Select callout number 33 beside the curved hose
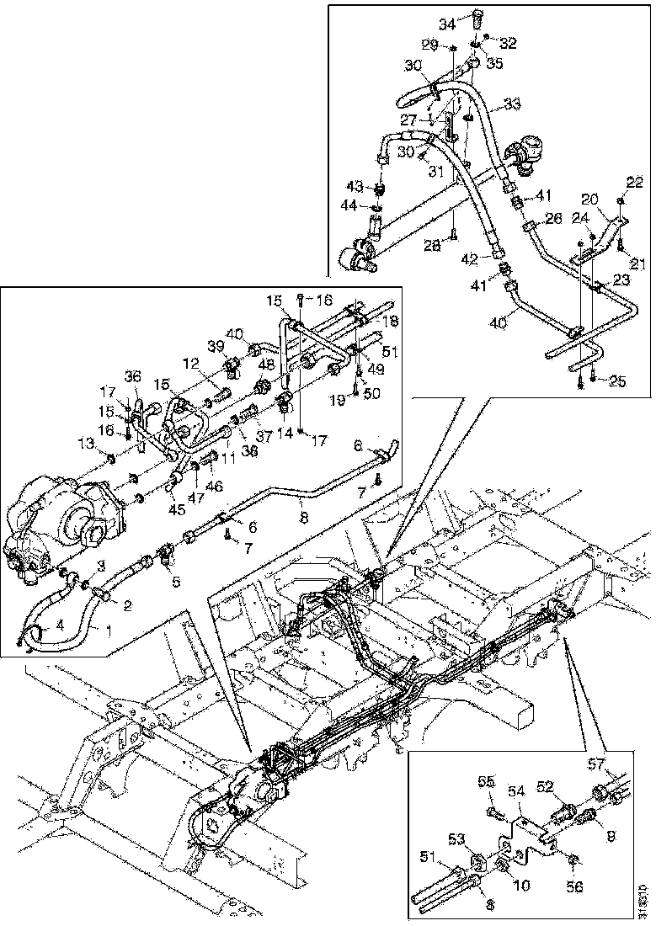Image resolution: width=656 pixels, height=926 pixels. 513,104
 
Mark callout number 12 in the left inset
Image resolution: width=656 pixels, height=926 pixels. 192,364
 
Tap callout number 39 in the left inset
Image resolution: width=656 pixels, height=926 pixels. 216,347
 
